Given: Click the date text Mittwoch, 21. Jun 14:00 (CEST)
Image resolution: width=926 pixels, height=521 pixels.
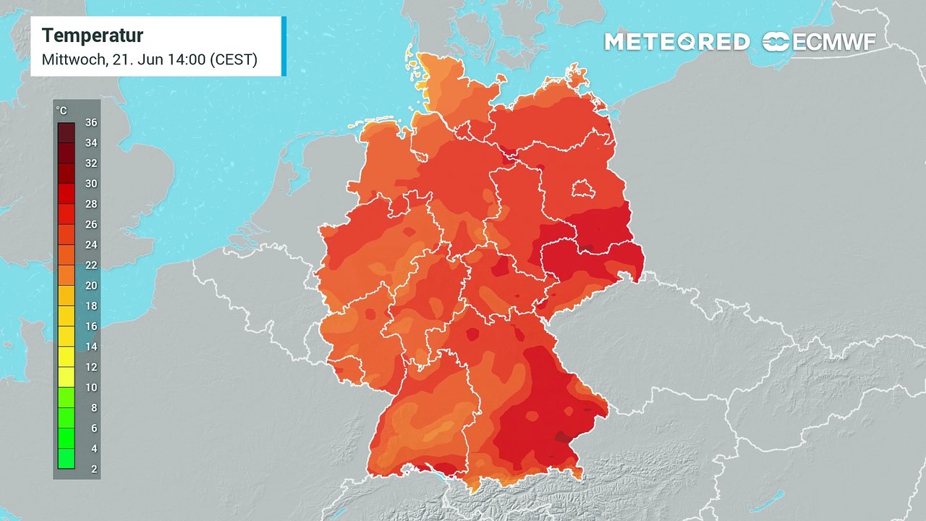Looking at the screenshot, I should pos(150,59).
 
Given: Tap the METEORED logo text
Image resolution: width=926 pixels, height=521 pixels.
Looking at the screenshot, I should pos(677,42).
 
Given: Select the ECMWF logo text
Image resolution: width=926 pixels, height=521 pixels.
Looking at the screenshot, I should pos(834,42).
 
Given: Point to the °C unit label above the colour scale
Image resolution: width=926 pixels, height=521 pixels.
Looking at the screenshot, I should pos(61,111).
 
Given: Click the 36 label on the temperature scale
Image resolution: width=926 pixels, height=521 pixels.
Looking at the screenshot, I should pos(90,122).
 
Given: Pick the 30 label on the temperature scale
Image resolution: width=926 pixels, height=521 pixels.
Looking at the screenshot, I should pos(90,184).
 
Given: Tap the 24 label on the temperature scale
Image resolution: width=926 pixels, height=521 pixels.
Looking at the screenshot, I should pos(90,245).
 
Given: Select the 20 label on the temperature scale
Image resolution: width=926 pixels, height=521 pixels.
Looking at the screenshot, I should pos(90,286).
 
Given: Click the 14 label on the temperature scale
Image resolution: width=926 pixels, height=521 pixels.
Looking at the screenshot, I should pos(90,347).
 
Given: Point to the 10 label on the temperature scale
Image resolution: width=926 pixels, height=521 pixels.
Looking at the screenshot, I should pos(90,387).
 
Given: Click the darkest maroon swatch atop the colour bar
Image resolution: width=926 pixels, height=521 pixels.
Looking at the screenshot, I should pos(66,132).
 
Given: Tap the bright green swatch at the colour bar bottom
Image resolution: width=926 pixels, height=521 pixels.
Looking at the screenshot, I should pos(66,458).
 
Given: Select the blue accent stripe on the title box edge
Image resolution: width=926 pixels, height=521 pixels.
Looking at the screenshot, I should pos(284,46).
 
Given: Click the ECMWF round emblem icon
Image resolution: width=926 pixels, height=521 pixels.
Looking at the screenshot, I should pos(776,42).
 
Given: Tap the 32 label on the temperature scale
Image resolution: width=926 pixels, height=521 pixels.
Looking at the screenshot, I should pos(90,164).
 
